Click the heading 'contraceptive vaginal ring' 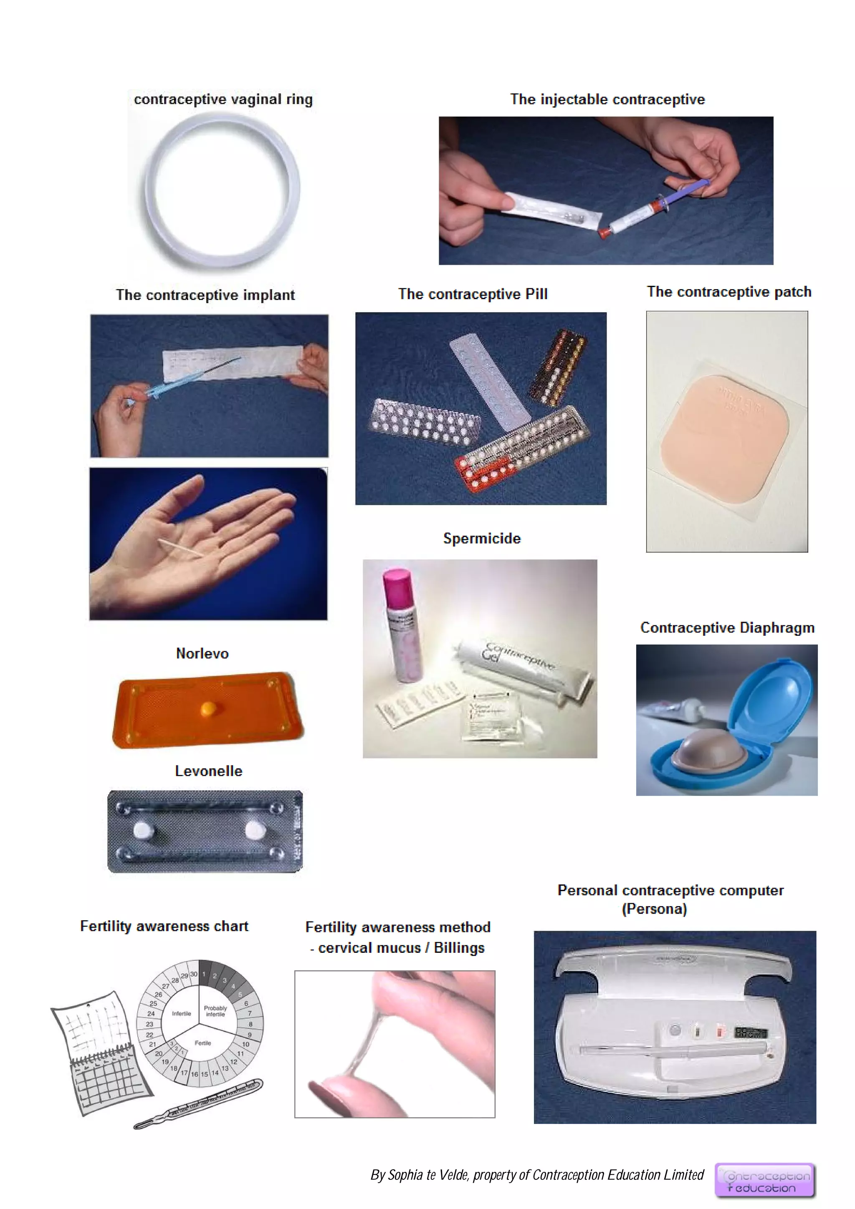223,99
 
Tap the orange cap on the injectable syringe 604,231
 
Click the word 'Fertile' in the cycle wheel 203,1043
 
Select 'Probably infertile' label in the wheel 215,1011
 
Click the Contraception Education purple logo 764,1181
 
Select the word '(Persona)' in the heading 654,909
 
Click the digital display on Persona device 751,1032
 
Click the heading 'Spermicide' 481,538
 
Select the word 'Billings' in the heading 459,948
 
